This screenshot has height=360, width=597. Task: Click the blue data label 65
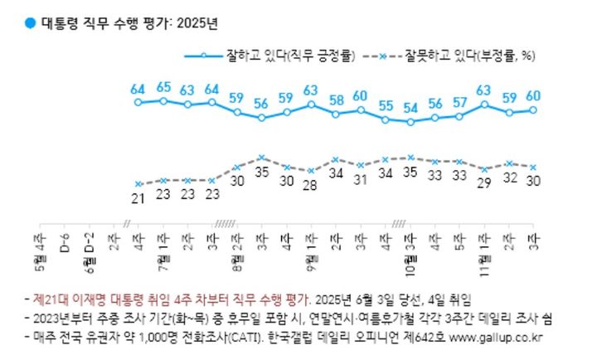point(163,86)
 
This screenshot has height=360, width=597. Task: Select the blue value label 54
point(410,108)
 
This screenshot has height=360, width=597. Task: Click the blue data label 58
point(336,100)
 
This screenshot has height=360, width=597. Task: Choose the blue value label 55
point(386,105)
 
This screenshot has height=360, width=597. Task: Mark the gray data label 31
point(361,179)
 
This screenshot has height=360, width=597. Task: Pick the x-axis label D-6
point(65,241)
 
